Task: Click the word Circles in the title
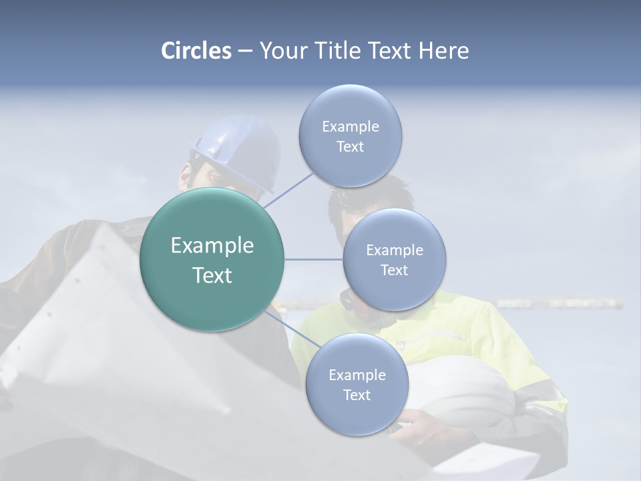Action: (196, 51)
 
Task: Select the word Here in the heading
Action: (444, 51)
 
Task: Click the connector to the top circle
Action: (288, 190)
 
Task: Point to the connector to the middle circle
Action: (314, 259)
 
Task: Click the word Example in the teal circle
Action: (212, 246)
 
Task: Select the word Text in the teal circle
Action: (212, 275)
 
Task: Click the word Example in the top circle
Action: (351, 126)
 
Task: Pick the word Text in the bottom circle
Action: (357, 395)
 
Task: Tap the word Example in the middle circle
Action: (395, 250)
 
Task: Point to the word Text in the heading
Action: (391, 51)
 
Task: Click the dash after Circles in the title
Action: (245, 51)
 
